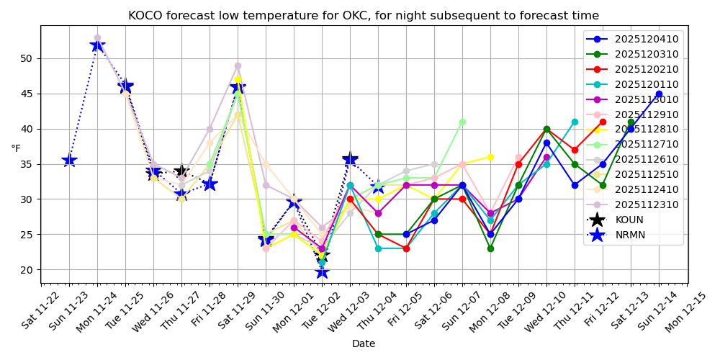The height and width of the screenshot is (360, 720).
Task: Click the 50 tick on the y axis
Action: (x=27, y=58)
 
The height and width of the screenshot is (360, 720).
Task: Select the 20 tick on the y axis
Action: (x=27, y=270)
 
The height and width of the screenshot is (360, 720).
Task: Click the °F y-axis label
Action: (x=16, y=149)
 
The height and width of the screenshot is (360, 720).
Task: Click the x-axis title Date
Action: (x=364, y=344)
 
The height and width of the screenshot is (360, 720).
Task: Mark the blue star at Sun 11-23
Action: (x=69, y=160)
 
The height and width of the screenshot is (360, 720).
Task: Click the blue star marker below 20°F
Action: (x=322, y=271)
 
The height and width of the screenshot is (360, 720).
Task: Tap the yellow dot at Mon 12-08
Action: (x=490, y=157)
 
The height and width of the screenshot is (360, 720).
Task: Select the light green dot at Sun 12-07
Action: (x=462, y=122)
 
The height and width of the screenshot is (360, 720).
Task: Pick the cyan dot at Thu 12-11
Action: (x=575, y=122)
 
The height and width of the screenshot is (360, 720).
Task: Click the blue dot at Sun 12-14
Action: (x=659, y=94)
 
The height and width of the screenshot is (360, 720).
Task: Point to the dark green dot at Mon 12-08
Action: (x=490, y=248)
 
